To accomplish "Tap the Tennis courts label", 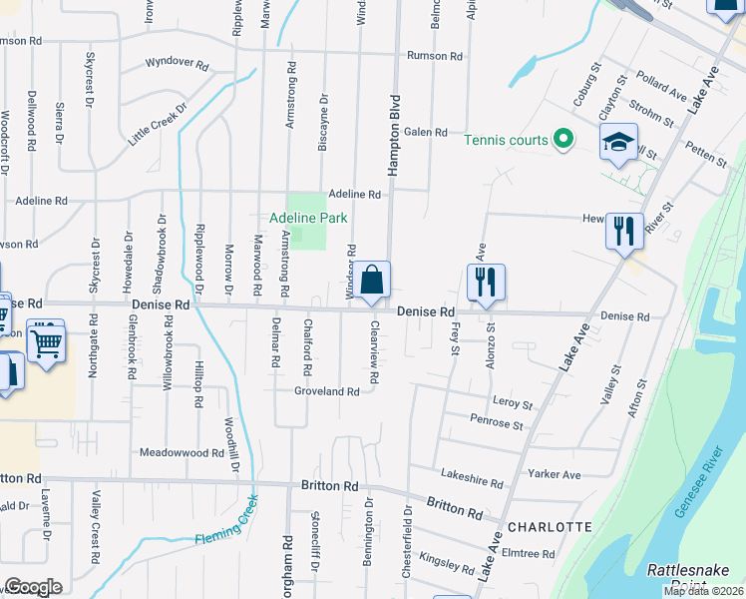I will [x=506, y=140].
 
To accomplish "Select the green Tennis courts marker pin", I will [x=562, y=140].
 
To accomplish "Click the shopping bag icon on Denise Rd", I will [x=372, y=283].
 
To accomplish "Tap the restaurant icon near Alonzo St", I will [x=486, y=283].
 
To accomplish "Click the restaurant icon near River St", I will [x=624, y=233].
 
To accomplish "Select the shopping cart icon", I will [x=46, y=343].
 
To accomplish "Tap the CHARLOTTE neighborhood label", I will [x=550, y=526].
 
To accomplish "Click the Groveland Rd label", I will [x=326, y=392].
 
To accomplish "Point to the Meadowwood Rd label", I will [x=182, y=452].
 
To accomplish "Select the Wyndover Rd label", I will [x=177, y=64].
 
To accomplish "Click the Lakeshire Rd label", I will [x=470, y=480].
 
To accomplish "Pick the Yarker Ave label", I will [x=557, y=475].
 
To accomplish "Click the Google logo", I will [x=33, y=587].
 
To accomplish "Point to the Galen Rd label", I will [x=424, y=132].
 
